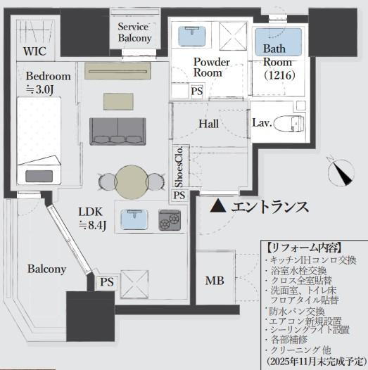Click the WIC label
tap(34, 51)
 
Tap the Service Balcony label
tap(134, 32)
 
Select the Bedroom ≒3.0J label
tap(49, 82)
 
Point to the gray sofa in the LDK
tap(116, 130)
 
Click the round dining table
tap(132, 181)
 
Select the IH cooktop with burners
tap(169, 221)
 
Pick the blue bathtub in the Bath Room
tap(277, 37)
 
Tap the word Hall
tap(208, 123)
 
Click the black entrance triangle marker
tap(219, 206)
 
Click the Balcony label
tap(46, 269)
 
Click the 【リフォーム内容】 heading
tap(304, 248)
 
